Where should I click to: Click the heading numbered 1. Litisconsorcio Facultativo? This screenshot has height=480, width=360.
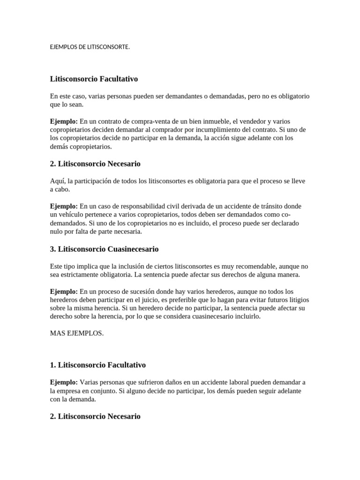(x=98, y=364)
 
